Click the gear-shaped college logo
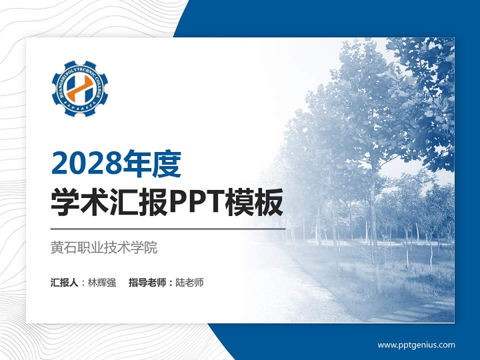click(80, 88)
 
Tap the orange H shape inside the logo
click(80, 88)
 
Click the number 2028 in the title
click(83, 164)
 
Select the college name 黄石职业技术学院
click(104, 247)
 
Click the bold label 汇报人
click(64, 282)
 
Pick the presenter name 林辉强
click(101, 282)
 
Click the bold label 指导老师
click(147, 282)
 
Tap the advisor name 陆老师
click(189, 282)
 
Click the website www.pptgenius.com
click(416, 344)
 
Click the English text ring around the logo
click(80, 67)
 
